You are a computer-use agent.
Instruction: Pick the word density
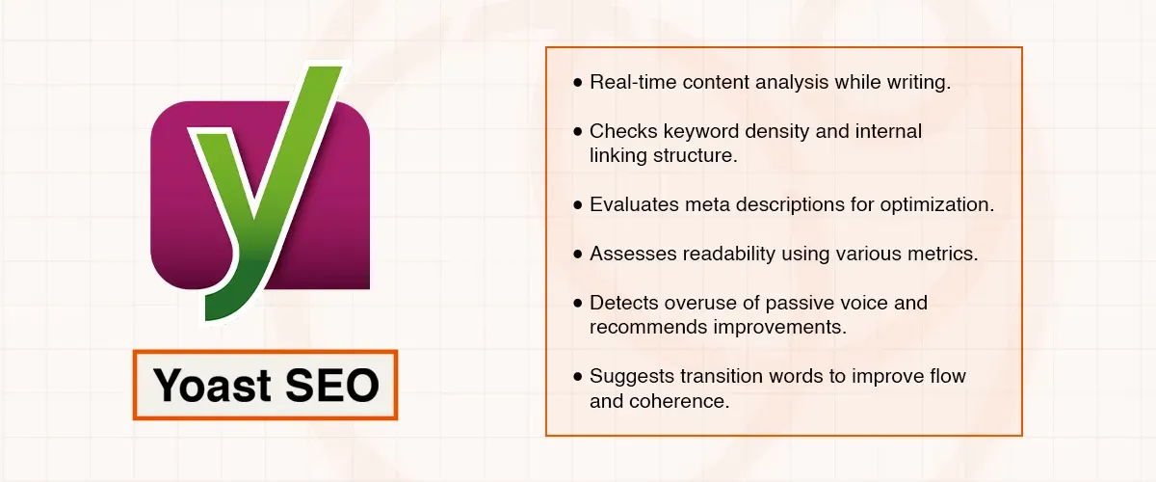tap(773, 131)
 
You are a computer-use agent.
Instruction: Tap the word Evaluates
tap(633, 204)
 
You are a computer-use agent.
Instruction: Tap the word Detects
tap(623, 304)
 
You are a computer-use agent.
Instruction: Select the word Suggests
tap(630, 377)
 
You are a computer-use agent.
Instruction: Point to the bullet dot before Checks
tap(577, 131)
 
